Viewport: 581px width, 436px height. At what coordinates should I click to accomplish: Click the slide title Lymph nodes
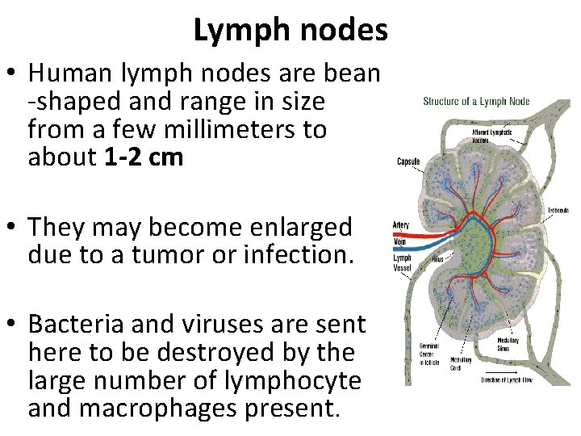click(x=290, y=31)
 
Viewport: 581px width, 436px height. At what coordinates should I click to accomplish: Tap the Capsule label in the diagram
click(x=408, y=161)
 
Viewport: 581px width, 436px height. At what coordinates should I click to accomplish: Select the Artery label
click(x=401, y=224)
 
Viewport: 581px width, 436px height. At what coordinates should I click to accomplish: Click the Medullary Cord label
click(x=461, y=363)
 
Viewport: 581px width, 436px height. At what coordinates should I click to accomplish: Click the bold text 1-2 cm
click(x=144, y=157)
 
